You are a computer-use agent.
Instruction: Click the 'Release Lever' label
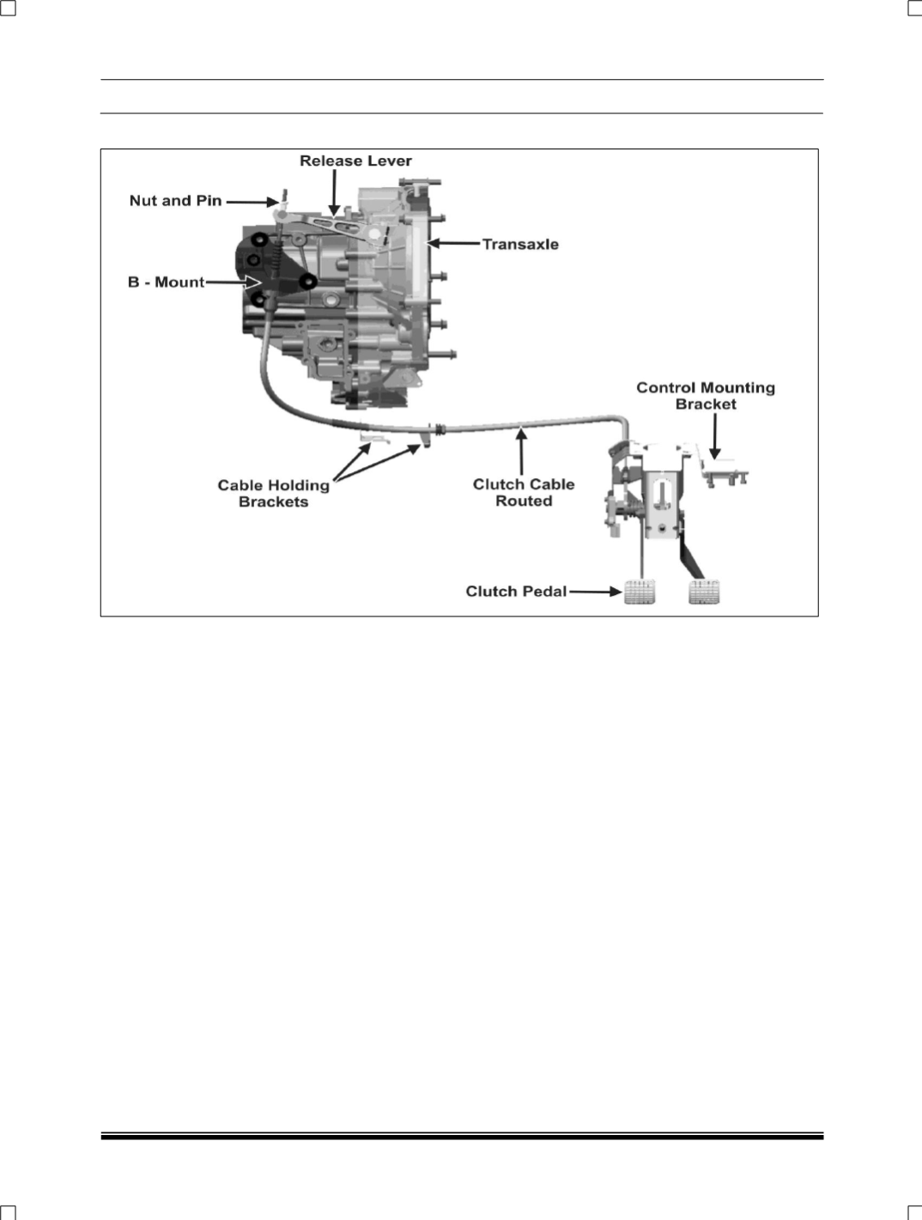355,161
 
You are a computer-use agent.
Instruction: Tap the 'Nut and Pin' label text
176,201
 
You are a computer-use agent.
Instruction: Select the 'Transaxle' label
520,245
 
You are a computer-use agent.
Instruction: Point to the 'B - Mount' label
167,282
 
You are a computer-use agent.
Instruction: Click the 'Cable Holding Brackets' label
274,494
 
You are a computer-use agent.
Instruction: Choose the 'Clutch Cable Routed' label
524,493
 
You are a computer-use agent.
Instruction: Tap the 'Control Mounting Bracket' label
706,396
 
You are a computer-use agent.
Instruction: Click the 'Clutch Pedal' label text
516,592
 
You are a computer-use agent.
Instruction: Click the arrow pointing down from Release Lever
334,192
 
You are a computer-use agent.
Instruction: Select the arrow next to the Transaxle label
454,244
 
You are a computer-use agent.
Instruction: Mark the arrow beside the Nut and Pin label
252,202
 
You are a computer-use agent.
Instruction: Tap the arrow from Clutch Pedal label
595,592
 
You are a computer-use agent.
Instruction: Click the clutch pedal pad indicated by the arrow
640,592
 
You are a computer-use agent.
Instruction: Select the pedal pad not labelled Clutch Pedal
704,592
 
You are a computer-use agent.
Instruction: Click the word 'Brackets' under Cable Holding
274,502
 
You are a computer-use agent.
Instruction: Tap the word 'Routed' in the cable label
524,501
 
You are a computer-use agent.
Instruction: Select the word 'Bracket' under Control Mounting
706,404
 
